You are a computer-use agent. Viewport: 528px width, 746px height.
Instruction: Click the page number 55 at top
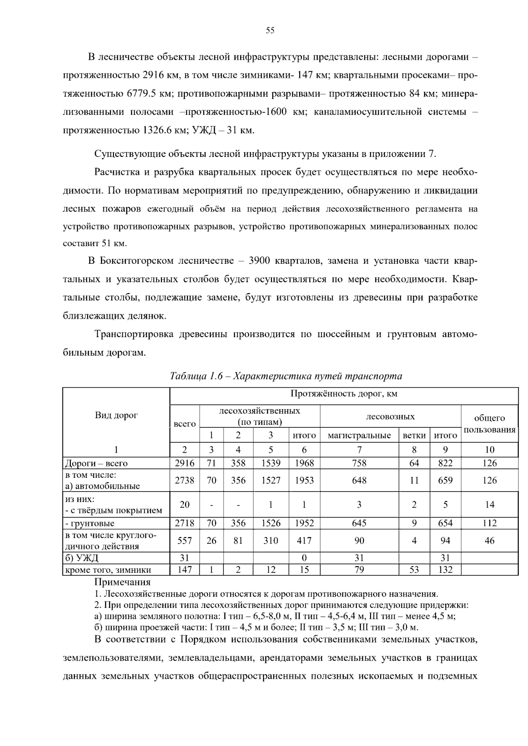click(x=270, y=30)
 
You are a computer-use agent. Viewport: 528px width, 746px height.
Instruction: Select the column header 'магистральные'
click(x=359, y=436)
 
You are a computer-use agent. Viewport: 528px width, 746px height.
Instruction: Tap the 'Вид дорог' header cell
click(x=116, y=415)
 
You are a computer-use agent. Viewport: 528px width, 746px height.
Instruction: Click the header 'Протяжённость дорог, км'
click(x=344, y=394)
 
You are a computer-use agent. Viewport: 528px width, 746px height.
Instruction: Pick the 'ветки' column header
click(x=414, y=436)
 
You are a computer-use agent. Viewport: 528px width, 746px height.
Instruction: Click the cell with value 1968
click(x=304, y=463)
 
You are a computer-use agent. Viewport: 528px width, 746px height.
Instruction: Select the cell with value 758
click(x=359, y=463)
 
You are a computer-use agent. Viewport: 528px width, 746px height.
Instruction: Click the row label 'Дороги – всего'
click(x=96, y=463)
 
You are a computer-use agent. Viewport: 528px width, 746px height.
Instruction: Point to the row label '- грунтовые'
click(x=90, y=523)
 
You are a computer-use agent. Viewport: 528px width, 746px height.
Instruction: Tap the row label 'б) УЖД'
click(x=81, y=558)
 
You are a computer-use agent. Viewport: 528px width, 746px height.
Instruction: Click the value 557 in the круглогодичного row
click(x=184, y=541)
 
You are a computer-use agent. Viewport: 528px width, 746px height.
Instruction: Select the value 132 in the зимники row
click(x=445, y=570)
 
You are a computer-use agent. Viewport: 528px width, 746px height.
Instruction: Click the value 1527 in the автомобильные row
click(x=271, y=480)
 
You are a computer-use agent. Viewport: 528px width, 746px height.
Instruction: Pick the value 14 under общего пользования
click(x=489, y=505)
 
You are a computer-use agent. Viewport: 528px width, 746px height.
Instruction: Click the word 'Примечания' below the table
click(x=122, y=582)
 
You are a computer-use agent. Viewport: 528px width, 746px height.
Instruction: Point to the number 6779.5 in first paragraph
click(x=142, y=94)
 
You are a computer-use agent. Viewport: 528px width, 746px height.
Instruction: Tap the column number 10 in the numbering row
click(x=489, y=450)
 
